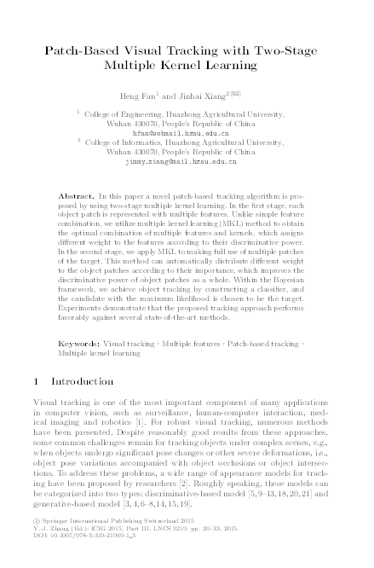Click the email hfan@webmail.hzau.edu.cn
pos(187,133)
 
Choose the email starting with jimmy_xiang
pos(187,162)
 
